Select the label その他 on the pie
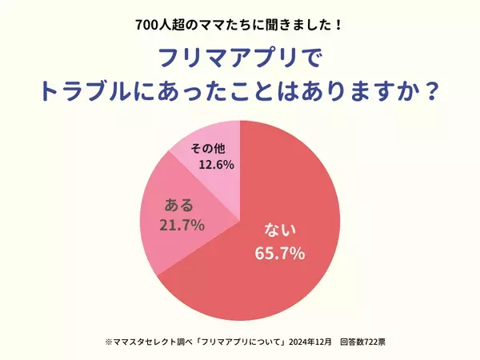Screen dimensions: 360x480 point(210,149)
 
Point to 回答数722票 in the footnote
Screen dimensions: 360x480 point(362,341)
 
